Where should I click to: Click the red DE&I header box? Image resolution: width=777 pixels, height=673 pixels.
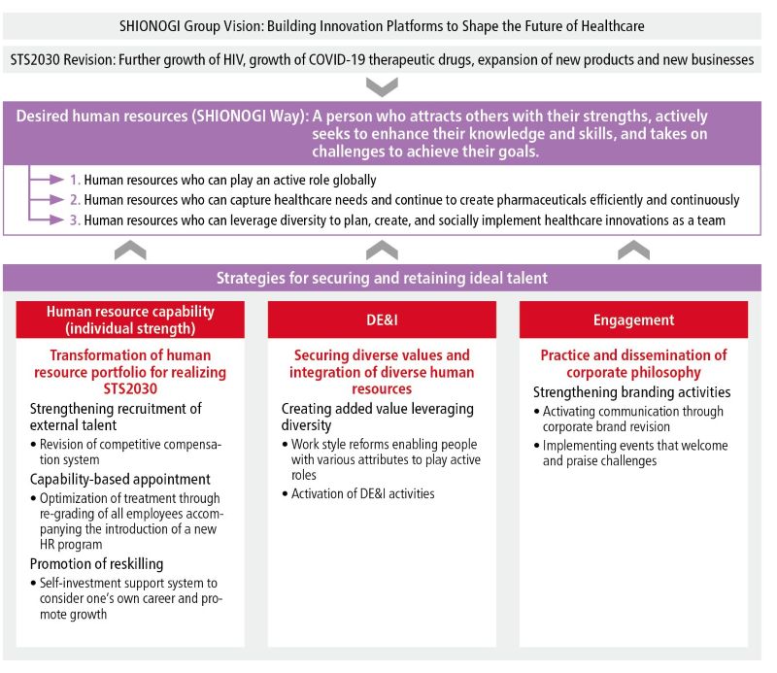(382, 320)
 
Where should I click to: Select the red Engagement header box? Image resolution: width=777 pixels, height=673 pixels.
(633, 320)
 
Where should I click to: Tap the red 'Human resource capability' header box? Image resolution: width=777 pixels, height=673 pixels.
(130, 320)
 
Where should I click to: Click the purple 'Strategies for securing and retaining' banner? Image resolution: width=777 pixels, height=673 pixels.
(382, 278)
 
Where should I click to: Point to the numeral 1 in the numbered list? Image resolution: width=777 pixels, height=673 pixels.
(75, 181)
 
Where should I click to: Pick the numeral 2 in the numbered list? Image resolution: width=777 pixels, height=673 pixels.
(75, 200)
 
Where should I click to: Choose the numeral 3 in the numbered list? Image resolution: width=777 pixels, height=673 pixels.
(75, 220)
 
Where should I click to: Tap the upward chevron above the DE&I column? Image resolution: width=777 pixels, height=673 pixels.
(382, 250)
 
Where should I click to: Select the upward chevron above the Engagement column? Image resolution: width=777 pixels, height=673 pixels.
(633, 250)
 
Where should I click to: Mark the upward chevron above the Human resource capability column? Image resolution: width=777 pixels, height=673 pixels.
(130, 250)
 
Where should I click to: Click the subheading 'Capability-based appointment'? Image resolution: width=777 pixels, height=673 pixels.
(120, 480)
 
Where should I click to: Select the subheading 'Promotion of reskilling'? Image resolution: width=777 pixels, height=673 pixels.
(96, 564)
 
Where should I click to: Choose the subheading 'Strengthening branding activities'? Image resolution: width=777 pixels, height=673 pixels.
(631, 392)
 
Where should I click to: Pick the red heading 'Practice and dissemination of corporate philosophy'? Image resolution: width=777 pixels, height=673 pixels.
(633, 364)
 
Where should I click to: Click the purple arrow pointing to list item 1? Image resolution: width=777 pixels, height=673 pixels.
(46, 181)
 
